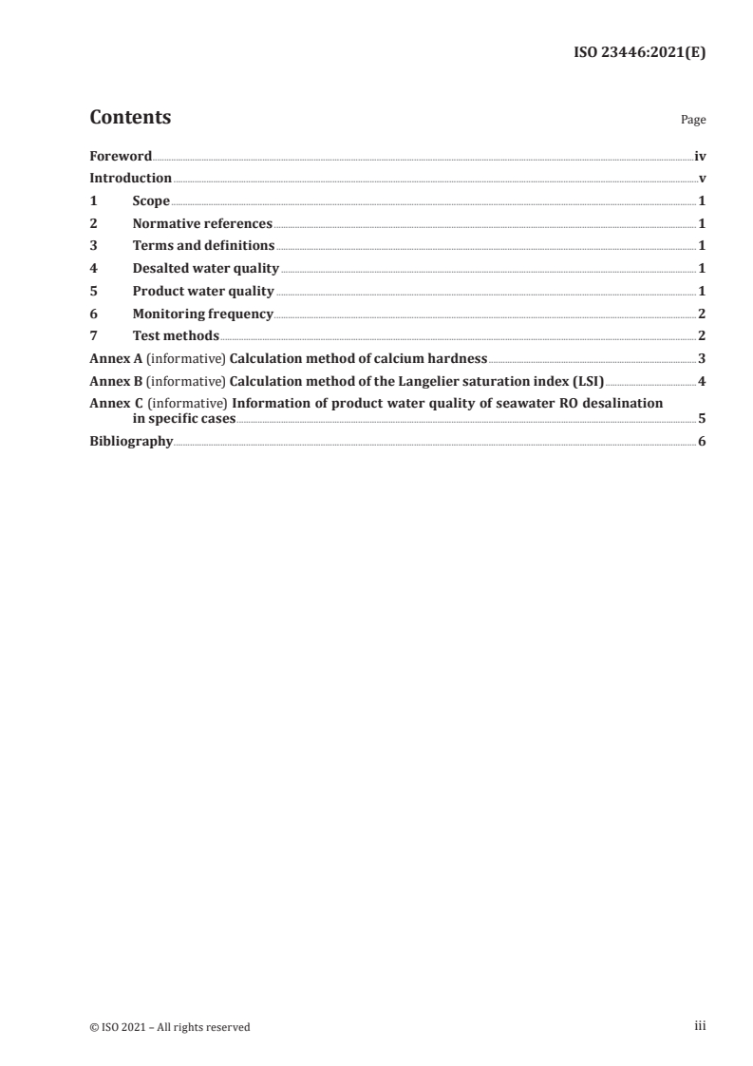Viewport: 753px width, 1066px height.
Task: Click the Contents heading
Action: [x=130, y=118]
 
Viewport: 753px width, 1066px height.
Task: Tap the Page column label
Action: [x=693, y=121]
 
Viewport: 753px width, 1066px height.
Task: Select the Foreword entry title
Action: [x=121, y=156]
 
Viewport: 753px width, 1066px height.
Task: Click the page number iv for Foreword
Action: [x=700, y=156]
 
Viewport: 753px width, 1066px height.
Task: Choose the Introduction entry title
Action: [x=130, y=179]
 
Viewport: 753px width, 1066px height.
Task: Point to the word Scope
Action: [x=151, y=201]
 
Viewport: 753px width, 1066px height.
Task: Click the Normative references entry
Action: [x=202, y=224]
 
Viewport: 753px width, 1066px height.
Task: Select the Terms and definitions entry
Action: [x=203, y=246]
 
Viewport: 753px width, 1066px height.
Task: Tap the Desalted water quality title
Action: [x=205, y=269]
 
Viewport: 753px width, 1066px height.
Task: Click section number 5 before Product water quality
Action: [x=93, y=291]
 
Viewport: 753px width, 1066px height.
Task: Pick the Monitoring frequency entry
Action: [x=202, y=314]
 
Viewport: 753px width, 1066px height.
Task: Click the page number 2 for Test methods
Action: [x=702, y=335]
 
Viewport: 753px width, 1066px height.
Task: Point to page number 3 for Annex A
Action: [x=702, y=358]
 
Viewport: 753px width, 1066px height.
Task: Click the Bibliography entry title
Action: [x=131, y=442]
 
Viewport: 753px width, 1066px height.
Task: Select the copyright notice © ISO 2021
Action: [x=170, y=1027]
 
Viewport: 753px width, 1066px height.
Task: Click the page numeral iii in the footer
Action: [x=700, y=1026]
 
